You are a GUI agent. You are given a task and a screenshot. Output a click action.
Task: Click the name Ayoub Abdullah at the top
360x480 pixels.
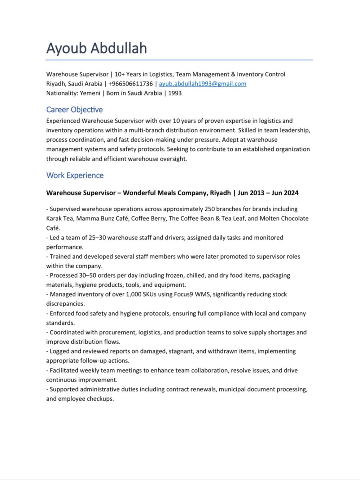97,48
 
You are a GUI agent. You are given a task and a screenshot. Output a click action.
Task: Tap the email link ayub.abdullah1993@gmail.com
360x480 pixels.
202,84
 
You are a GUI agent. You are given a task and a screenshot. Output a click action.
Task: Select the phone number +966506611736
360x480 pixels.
130,84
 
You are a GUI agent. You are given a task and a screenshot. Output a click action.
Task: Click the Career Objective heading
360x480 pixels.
75,110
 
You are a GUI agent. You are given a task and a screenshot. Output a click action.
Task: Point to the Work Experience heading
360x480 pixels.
75,175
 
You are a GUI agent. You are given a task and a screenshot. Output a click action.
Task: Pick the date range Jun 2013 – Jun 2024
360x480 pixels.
268,193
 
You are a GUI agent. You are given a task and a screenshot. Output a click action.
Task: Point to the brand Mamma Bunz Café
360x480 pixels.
102,219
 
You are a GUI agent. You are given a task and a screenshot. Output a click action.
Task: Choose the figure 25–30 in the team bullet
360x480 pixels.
97,238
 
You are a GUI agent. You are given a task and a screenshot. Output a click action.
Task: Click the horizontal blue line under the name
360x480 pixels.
179,60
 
